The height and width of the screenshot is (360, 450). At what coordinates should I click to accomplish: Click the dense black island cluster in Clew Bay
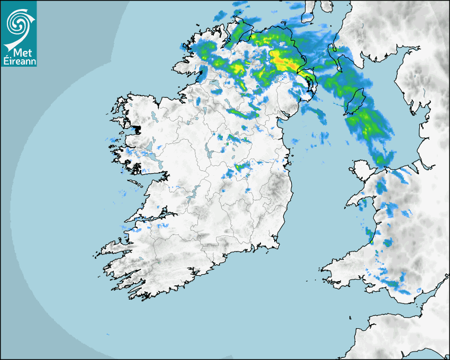[137, 129]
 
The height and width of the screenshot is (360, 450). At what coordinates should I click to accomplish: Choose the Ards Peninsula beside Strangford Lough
[312, 85]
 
